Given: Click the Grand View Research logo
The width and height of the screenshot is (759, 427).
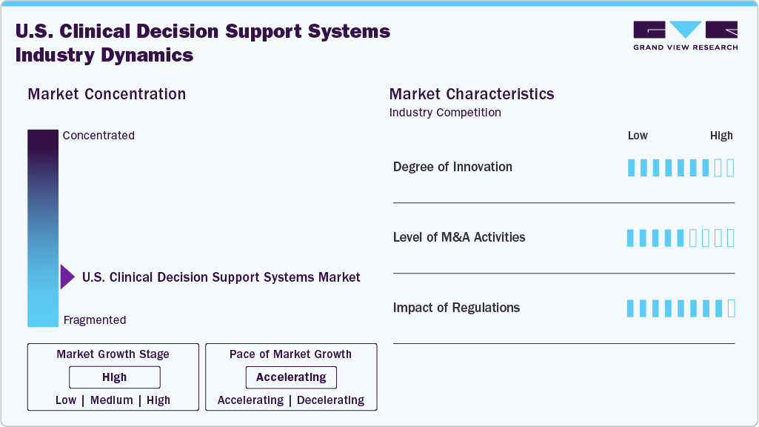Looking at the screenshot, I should click(x=685, y=36).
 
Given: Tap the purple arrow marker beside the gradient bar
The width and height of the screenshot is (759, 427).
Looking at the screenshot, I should click(x=67, y=277).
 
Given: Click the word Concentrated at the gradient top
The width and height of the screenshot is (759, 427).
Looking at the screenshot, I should click(x=98, y=136).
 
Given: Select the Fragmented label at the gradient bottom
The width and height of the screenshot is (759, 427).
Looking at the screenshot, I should click(x=95, y=320).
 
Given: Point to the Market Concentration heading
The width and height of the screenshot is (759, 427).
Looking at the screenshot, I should click(x=107, y=94).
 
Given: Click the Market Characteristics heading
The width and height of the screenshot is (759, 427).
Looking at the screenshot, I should click(x=472, y=94).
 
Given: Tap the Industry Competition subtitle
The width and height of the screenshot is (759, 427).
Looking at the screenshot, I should click(x=445, y=113).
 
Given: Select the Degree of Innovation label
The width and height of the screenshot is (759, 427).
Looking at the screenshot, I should click(x=452, y=167).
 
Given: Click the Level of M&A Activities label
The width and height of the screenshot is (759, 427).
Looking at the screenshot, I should click(x=459, y=237).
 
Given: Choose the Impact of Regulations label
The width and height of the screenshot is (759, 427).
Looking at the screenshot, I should click(x=456, y=308).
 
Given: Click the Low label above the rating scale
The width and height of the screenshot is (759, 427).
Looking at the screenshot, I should click(x=638, y=136).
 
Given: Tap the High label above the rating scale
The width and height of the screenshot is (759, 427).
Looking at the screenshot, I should click(x=721, y=136).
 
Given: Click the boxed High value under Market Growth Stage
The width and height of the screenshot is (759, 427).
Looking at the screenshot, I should click(x=114, y=377).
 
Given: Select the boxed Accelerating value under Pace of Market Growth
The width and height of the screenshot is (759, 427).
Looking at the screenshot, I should click(x=291, y=377).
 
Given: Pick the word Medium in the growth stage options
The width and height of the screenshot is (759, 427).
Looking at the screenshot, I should click(x=112, y=400).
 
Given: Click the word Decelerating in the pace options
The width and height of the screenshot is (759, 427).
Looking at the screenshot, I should click(x=330, y=400).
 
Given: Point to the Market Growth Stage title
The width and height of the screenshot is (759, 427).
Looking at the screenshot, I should click(x=113, y=354).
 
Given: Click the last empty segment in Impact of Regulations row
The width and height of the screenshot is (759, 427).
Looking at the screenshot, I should click(x=731, y=308).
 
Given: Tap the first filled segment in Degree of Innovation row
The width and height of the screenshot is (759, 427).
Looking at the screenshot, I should click(x=631, y=168).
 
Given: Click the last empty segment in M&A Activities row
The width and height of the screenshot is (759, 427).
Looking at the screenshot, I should click(x=731, y=238).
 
